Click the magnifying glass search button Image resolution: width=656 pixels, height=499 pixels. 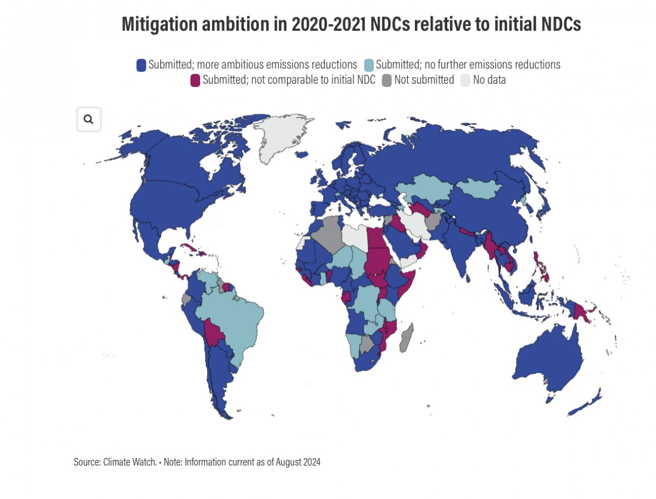point(89,119)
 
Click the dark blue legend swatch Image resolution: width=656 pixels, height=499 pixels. point(142,65)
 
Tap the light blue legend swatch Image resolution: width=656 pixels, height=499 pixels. point(369,65)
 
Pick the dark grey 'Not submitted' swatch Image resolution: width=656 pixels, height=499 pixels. point(386,80)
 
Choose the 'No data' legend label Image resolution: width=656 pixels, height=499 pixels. point(489,80)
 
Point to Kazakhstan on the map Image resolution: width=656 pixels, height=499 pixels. point(424,189)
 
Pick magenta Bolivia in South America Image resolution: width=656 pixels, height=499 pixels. point(214,332)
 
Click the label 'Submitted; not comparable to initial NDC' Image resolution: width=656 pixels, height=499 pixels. point(289,80)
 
